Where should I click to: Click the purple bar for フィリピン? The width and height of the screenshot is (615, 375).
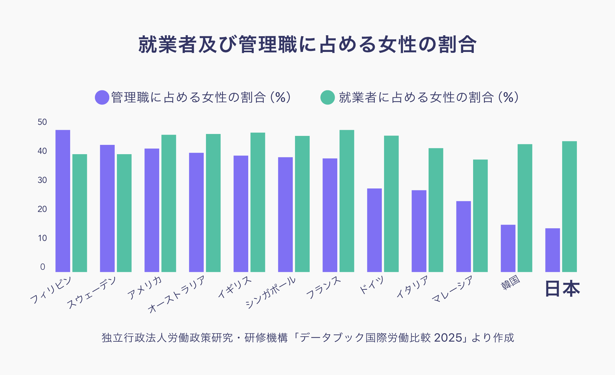(63, 201)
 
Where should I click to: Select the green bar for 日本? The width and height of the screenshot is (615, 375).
(569, 207)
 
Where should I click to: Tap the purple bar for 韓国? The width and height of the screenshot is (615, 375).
(508, 248)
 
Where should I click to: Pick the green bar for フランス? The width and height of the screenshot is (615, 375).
(347, 201)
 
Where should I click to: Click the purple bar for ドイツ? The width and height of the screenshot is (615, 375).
(374, 230)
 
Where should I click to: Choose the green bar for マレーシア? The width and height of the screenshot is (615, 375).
(480, 216)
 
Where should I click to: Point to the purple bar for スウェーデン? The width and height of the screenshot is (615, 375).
(107, 208)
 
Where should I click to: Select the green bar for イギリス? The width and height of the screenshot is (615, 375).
(258, 202)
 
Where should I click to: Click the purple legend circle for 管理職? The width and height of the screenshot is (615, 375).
(102, 97)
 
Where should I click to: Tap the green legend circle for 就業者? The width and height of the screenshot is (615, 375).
(327, 97)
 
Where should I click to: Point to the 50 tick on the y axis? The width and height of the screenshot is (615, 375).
(42, 122)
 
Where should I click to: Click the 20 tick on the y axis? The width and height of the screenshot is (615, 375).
(42, 209)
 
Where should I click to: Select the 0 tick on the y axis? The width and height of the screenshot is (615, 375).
(43, 267)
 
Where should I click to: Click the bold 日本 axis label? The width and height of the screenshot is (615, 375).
(562, 288)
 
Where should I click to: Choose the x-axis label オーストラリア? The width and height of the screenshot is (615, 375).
(176, 294)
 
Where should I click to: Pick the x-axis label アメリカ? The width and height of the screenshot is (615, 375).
(145, 287)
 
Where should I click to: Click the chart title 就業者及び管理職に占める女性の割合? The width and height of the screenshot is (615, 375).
(307, 45)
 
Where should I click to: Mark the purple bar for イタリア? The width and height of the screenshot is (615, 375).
(419, 231)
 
